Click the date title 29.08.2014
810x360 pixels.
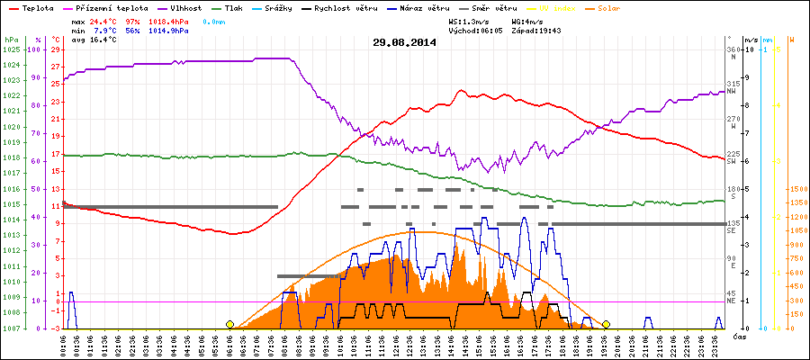pyautogui.click(x=405, y=41)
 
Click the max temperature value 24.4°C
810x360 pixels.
pyautogui.click(x=105, y=20)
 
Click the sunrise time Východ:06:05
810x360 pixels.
pyautogui.click(x=476, y=30)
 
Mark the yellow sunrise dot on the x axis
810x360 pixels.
pyautogui.click(x=229, y=324)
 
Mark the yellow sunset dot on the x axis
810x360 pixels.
pyautogui.click(x=606, y=324)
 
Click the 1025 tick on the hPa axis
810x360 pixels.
pyautogui.click(x=11, y=49)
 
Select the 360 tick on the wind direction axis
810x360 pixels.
pyautogui.click(x=733, y=49)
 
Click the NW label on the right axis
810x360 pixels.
pyautogui.click(x=733, y=91)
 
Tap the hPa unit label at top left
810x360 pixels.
pyautogui.click(x=10, y=40)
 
